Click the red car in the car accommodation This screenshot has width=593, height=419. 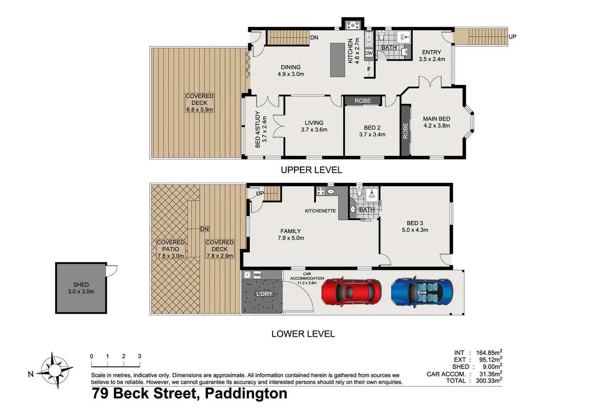(x=351, y=292)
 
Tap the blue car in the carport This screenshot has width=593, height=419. (x=422, y=292)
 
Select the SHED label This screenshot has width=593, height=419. (x=81, y=285)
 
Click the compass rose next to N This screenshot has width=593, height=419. (x=55, y=370)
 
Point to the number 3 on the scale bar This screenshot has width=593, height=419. (x=139, y=356)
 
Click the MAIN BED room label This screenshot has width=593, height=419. (x=436, y=119)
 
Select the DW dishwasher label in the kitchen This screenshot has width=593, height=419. (x=368, y=53)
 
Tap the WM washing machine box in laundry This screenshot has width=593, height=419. (x=257, y=275)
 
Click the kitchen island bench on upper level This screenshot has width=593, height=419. (x=337, y=60)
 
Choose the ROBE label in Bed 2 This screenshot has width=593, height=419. (x=363, y=101)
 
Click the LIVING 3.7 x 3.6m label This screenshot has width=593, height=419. (x=314, y=126)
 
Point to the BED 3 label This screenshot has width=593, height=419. (x=415, y=223)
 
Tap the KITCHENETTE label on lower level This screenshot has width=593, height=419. (x=320, y=211)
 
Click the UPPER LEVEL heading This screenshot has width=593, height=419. (x=311, y=170)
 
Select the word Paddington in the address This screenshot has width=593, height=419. (x=246, y=393)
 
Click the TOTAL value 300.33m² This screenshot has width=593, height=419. (x=489, y=381)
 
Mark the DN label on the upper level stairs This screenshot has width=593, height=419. (x=314, y=38)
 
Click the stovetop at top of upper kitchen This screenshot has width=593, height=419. (x=353, y=25)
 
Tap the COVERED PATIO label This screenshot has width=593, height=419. (x=171, y=246)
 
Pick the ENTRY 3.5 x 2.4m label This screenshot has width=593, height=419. (x=432, y=55)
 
